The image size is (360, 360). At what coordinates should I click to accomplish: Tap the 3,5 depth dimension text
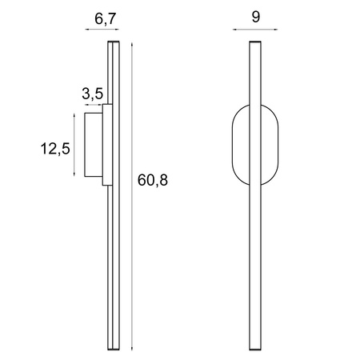pyautogui.click(x=92, y=94)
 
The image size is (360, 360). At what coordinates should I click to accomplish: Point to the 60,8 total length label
pyautogui.click(x=152, y=180)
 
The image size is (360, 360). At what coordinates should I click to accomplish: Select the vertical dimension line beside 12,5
pyautogui.click(x=74, y=145)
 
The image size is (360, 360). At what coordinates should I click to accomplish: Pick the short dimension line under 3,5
pyautogui.click(x=93, y=104)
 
